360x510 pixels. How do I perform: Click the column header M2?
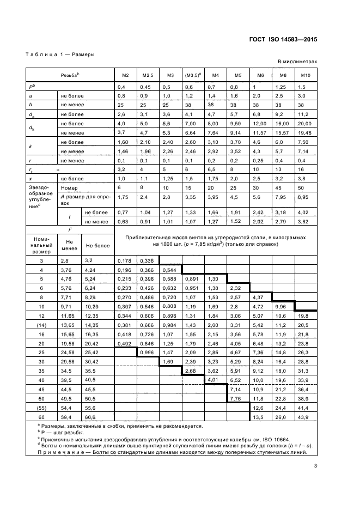125,75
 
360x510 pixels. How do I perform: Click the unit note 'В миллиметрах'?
297,62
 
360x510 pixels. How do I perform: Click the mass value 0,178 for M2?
125,262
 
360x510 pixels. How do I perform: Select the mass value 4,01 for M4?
215,380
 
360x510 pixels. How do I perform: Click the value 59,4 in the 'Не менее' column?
69,417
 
